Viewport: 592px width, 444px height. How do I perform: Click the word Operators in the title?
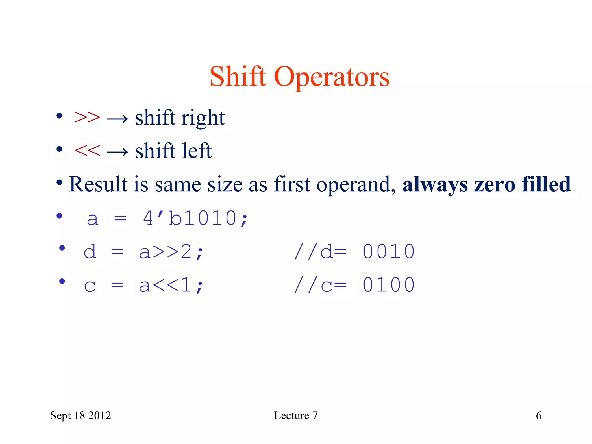pyautogui.click(x=332, y=77)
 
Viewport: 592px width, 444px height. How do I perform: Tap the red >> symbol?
pyautogui.click(x=87, y=117)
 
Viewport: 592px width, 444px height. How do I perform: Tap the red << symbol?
pyautogui.click(x=87, y=151)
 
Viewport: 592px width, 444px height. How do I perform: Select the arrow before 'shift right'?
pyautogui.click(x=117, y=118)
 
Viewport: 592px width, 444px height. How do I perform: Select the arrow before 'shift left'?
pyautogui.click(x=117, y=151)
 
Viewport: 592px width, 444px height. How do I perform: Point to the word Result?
pyautogui.click(x=98, y=184)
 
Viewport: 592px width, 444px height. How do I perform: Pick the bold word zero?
pyautogui.click(x=495, y=184)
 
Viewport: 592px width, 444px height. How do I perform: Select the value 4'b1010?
pyautogui.click(x=195, y=218)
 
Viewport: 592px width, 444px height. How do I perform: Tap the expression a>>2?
pyautogui.click(x=171, y=252)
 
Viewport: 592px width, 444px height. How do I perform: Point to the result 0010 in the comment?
pyautogui.click(x=388, y=251)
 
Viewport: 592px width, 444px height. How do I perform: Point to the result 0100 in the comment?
pyautogui.click(x=388, y=285)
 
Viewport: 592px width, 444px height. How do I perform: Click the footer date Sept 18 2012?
pyautogui.click(x=81, y=415)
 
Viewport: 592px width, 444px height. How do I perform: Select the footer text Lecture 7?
pyautogui.click(x=296, y=415)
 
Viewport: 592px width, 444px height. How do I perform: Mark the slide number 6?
pyautogui.click(x=539, y=415)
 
